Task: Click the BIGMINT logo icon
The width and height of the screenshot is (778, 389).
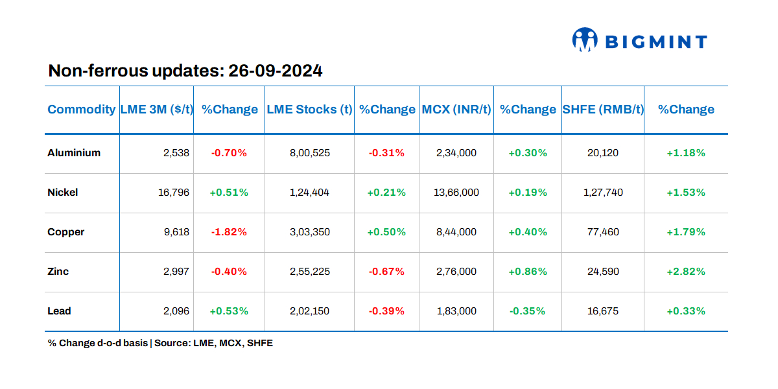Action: tap(584, 40)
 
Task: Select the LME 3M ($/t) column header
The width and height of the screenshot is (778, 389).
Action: tap(157, 110)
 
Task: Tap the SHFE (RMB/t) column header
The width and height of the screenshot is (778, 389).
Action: tap(603, 110)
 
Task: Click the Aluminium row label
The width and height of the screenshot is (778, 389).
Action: tap(74, 153)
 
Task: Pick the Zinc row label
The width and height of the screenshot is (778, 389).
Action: tap(58, 272)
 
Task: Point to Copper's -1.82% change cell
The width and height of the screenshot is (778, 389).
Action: tap(229, 232)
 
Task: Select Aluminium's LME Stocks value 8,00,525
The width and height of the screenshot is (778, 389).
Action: tap(309, 153)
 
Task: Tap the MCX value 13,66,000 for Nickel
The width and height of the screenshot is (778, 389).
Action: tap(456, 193)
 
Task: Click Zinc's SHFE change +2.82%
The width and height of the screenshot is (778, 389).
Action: tap(686, 272)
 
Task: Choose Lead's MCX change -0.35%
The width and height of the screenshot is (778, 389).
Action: tap(527, 311)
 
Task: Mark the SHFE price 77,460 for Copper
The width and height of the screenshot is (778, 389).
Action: tap(603, 232)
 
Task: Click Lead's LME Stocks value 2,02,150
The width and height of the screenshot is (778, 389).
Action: tap(309, 311)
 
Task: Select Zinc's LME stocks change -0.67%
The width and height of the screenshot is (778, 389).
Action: tap(386, 272)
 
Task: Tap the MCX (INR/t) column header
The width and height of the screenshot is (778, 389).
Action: tap(456, 110)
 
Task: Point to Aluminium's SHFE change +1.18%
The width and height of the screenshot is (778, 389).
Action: tap(686, 153)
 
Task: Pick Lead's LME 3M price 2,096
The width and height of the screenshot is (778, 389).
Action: tap(176, 311)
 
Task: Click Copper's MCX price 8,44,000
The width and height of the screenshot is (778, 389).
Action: tap(456, 232)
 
